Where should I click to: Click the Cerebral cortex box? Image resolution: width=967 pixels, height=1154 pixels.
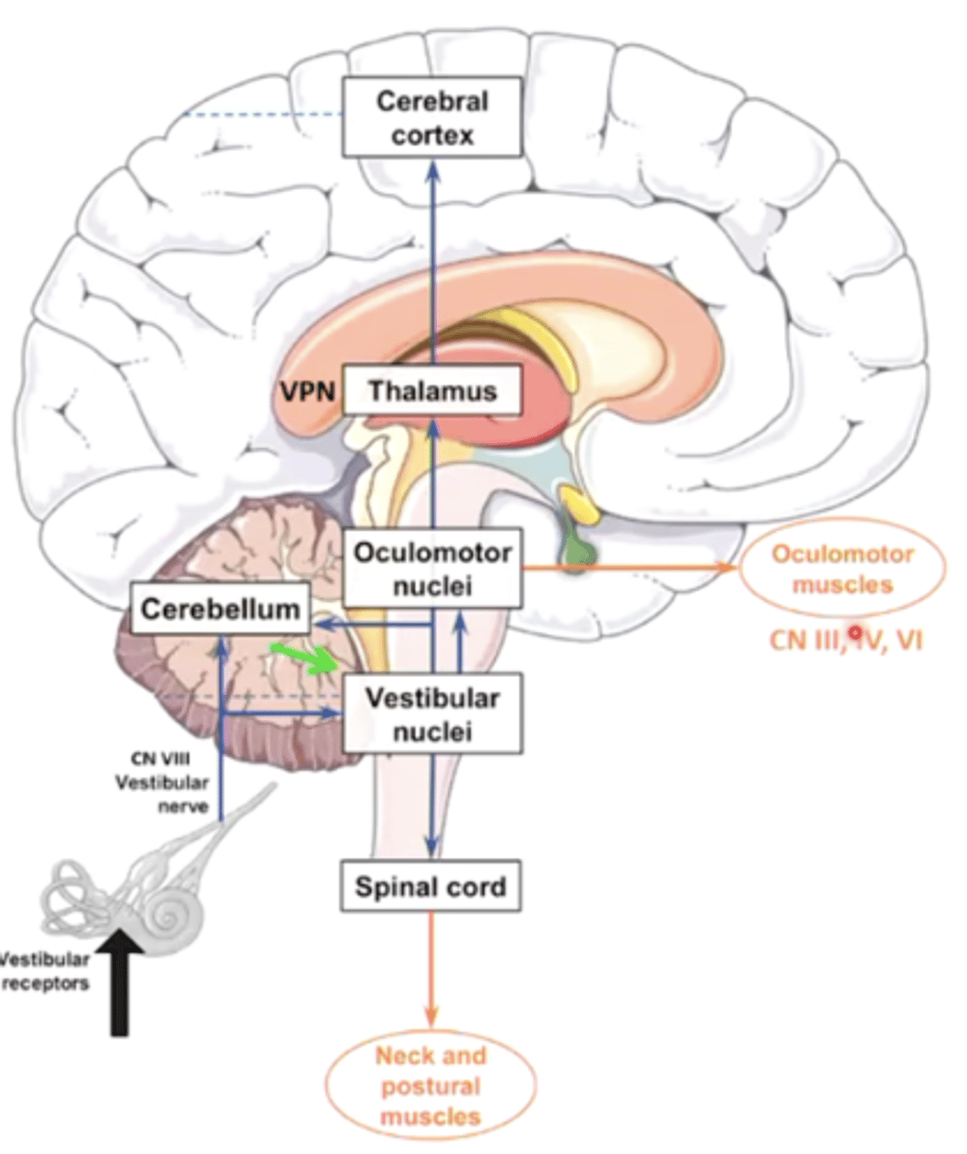point(432,117)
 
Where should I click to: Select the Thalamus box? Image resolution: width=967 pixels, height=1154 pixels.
point(432,392)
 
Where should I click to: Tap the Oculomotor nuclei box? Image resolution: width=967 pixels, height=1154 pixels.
point(432,569)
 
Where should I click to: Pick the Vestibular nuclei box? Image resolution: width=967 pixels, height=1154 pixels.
point(432,713)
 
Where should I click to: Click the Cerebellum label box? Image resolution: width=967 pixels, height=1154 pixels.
point(220,610)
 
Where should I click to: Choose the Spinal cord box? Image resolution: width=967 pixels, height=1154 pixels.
point(432,886)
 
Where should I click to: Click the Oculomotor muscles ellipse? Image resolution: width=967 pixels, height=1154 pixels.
point(842,569)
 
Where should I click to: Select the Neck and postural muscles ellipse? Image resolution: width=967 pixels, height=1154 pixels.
point(432,1087)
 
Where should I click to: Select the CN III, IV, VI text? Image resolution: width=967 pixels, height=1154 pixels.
point(845,640)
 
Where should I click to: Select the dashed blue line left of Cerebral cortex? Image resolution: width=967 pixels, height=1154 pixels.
point(265,115)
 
